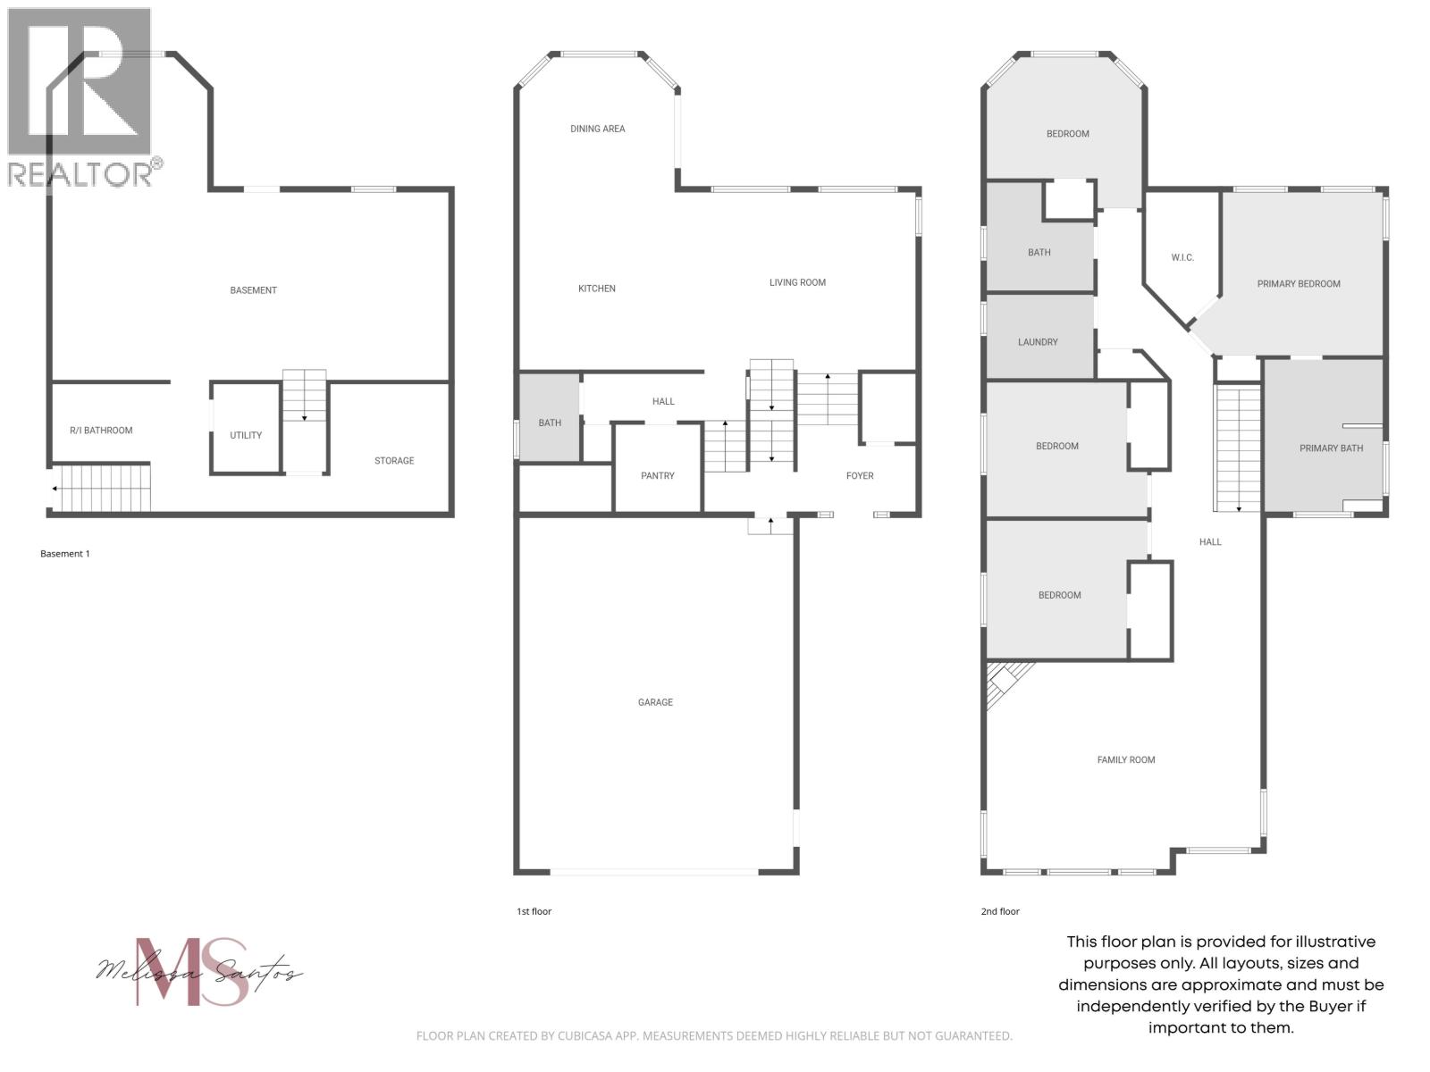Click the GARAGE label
click(x=655, y=702)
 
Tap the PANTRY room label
click(x=658, y=476)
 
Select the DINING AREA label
click(x=598, y=129)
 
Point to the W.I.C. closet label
click(x=1182, y=257)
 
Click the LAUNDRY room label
click(x=1038, y=342)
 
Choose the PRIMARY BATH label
click(x=1331, y=448)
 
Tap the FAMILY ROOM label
click(x=1126, y=760)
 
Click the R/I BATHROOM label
click(x=101, y=431)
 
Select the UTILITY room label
click(x=246, y=436)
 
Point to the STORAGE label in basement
click(x=394, y=461)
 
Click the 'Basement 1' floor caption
click(x=65, y=554)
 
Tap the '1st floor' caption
click(x=534, y=912)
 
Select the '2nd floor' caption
click(x=999, y=912)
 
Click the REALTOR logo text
click(x=80, y=174)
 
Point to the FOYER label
click(x=860, y=476)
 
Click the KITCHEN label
click(x=597, y=289)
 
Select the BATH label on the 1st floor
click(x=550, y=423)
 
